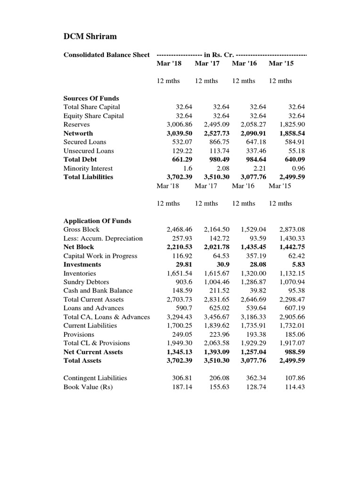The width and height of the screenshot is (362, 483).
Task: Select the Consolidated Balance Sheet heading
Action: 107,55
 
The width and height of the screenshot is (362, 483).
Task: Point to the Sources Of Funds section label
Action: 91,98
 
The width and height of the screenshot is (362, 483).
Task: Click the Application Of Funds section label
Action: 97,221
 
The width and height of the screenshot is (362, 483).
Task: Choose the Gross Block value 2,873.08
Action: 292,229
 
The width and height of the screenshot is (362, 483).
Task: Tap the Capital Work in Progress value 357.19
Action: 254,256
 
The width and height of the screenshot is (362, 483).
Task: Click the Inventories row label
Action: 80,273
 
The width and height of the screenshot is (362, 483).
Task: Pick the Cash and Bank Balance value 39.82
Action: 257,291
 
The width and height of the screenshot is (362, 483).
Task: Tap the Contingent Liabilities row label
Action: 95,378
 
